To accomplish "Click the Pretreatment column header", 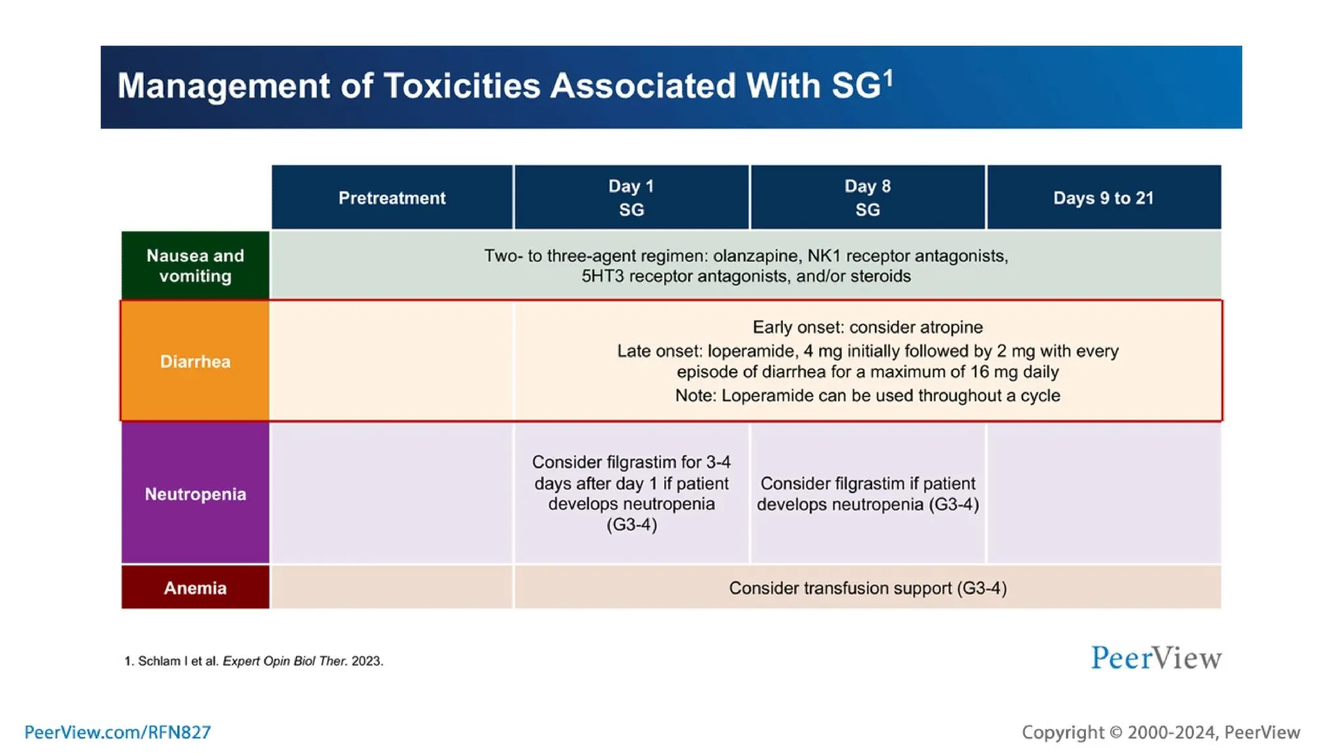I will [391, 198].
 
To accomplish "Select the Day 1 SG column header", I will [631, 197].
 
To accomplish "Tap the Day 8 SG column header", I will [867, 197].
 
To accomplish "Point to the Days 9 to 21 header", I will [1103, 198].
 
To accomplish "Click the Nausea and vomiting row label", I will [195, 265].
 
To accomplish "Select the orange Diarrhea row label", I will [195, 361].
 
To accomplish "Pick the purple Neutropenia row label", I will [195, 494].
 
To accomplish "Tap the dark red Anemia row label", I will [195, 588].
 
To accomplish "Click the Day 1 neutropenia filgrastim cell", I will [631, 493].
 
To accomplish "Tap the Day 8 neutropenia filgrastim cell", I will [867, 494].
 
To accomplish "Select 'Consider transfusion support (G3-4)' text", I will [867, 588].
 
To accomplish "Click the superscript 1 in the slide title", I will [888, 77].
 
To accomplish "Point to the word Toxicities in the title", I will [462, 86].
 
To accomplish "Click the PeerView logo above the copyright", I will [1155, 658].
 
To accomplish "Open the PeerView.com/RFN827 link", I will [117, 732].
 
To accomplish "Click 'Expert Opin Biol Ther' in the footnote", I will [284, 661].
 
